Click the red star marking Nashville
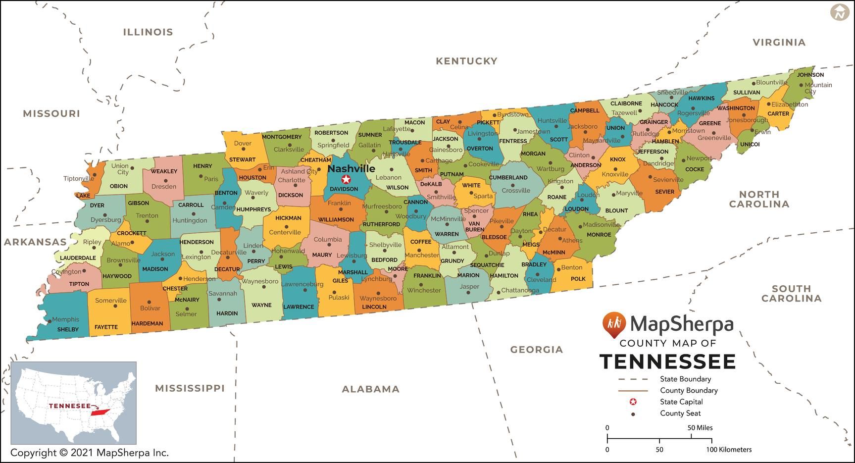pyautogui.click(x=346, y=179)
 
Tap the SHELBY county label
pyautogui.click(x=68, y=329)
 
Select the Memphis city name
pyautogui.click(x=65, y=319)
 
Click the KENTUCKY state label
pyautogui.click(x=466, y=61)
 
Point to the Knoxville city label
pyautogui.click(x=615, y=174)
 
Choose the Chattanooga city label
pyautogui.click(x=520, y=291)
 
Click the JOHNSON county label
pyautogui.click(x=810, y=75)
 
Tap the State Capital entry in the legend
pyautogui.click(x=681, y=402)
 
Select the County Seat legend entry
pyautogui.click(x=680, y=413)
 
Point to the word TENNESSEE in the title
pyautogui.click(x=667, y=362)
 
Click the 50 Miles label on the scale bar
pyautogui.click(x=700, y=427)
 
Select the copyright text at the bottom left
pyautogui.click(x=90, y=453)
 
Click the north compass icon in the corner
pyautogui.click(x=839, y=12)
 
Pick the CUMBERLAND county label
pyautogui.click(x=508, y=177)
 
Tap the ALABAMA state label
pyautogui.click(x=370, y=389)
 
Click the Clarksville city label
pyautogui.click(x=289, y=150)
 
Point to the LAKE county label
pyautogui.click(x=83, y=196)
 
